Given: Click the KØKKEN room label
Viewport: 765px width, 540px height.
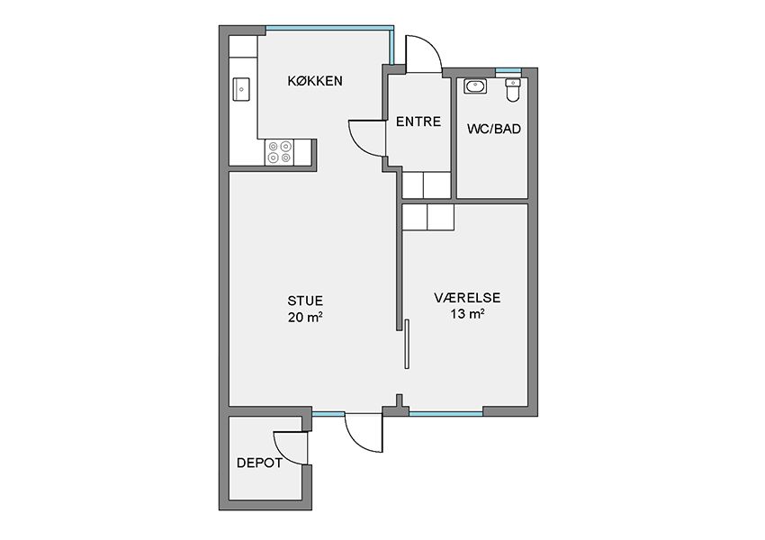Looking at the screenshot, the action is [x=315, y=81].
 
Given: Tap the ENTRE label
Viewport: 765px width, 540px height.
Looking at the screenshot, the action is [x=418, y=121].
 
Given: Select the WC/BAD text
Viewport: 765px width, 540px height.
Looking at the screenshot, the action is [x=494, y=129].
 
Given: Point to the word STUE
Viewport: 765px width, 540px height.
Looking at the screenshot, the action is [x=305, y=301].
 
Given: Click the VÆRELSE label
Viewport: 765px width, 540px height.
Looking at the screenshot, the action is [x=467, y=298].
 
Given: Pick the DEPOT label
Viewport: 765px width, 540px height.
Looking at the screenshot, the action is [x=259, y=463].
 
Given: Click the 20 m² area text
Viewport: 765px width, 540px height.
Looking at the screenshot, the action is [x=305, y=317].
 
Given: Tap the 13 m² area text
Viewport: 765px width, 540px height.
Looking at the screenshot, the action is [x=467, y=314].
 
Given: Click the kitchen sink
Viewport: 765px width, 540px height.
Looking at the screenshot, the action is [x=241, y=89].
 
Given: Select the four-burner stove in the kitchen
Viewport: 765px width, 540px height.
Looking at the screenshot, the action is [x=279, y=152].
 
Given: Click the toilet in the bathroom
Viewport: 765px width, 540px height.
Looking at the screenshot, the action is [x=513, y=90].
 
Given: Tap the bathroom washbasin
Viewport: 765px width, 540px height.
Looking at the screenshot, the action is [x=475, y=86].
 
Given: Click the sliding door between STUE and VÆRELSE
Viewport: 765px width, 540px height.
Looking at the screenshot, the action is [x=407, y=344].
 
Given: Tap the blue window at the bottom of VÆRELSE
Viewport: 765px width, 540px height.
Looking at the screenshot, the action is [x=445, y=414].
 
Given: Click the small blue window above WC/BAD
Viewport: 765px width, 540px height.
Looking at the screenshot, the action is [x=508, y=71].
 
